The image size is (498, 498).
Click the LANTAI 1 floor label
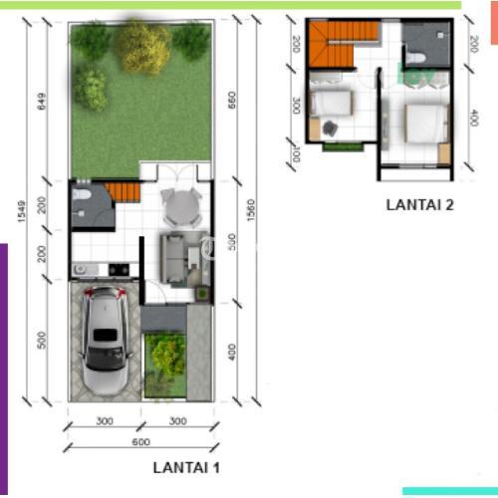point(186,468)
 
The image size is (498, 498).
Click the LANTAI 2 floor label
point(419,205)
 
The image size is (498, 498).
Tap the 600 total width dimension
point(141,442)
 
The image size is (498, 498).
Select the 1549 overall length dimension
point(21,211)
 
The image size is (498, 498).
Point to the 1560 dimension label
point(251,210)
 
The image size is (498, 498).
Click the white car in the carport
point(106,341)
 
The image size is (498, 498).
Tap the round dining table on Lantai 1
point(181,207)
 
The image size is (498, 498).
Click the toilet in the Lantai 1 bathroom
point(82,195)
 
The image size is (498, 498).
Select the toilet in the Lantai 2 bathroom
point(415,58)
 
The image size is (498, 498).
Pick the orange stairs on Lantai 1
point(124,192)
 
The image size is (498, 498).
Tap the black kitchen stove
point(119,269)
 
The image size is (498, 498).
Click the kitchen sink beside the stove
point(86,269)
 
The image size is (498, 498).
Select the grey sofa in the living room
point(171,259)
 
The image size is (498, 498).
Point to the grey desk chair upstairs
point(330,128)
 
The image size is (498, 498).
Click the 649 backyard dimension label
point(42,102)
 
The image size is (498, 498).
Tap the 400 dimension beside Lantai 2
point(473,118)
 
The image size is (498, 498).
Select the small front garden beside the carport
point(165,366)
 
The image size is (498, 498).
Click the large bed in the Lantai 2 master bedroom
point(427,124)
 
